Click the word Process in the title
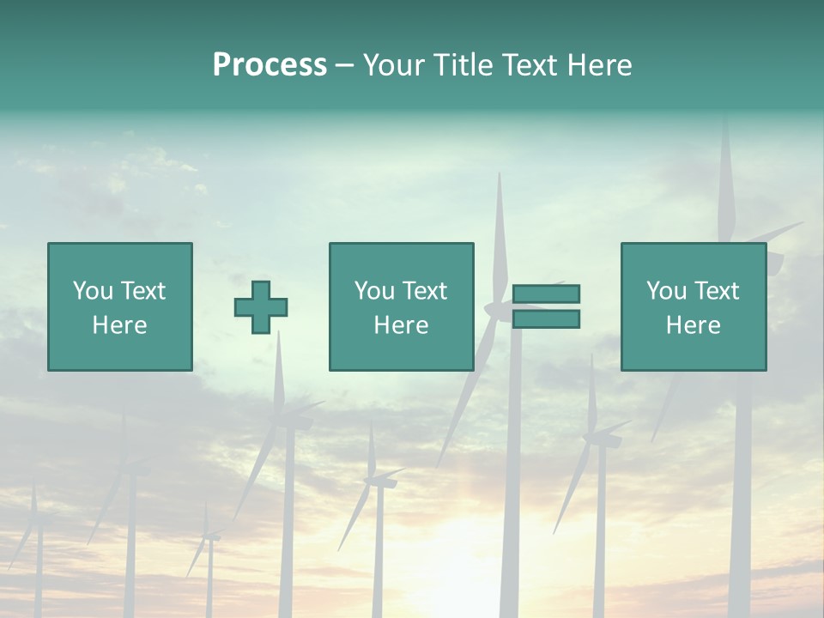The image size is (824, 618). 270,64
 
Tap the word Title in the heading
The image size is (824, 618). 458,64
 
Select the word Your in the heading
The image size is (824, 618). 395,64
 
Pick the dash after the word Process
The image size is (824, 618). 344,66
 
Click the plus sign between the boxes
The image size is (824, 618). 261,307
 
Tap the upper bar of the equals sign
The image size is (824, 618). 546,294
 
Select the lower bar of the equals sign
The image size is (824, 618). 546,318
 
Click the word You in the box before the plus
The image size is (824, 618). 94,291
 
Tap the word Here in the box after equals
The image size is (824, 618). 694,325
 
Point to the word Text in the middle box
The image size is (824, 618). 424,291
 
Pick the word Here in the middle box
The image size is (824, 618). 402,325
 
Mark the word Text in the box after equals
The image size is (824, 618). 716,291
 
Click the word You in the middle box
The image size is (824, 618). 375,291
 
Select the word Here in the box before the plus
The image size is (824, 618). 120,325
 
